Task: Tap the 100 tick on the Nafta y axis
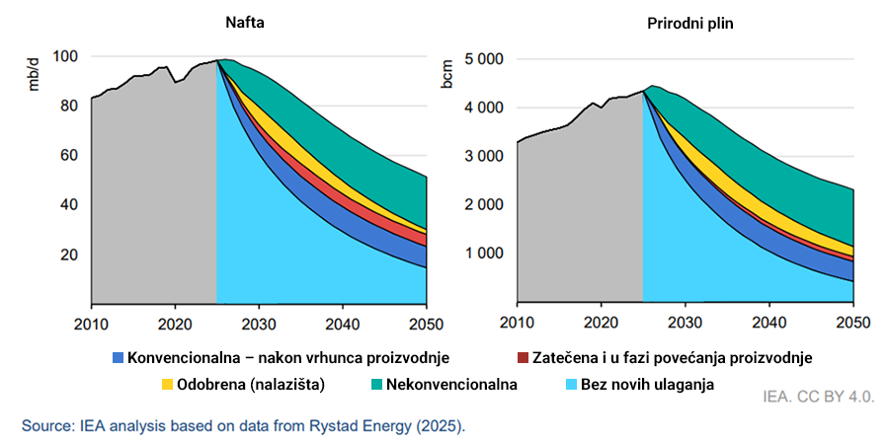[65, 56]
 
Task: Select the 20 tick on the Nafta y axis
[69, 255]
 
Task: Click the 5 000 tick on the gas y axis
[484, 59]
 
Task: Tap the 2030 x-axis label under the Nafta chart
[258, 323]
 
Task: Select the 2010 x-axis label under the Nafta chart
[91, 323]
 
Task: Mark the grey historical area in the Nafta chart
[153, 197]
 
